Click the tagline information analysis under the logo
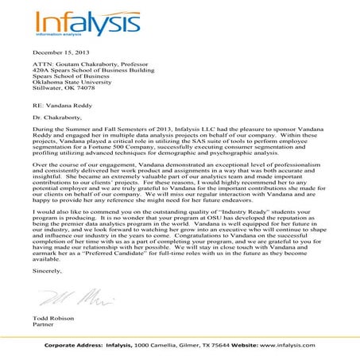pos(56,36)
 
